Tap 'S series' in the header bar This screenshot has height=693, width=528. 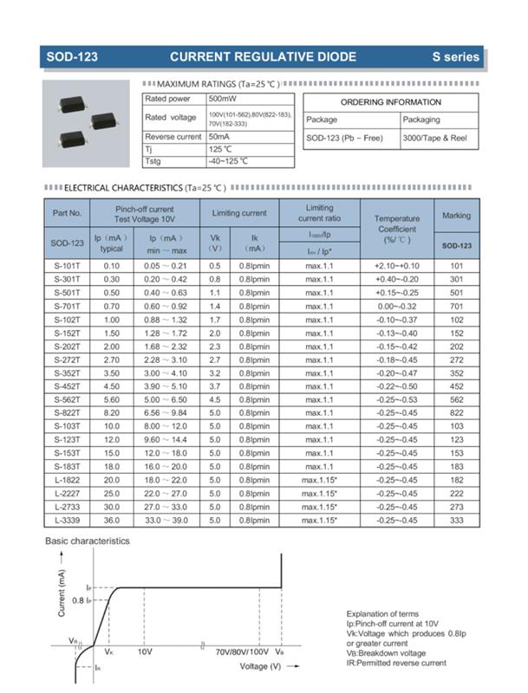coord(456,57)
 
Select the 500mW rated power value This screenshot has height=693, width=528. coord(222,99)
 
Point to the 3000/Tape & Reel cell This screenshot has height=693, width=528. coord(434,139)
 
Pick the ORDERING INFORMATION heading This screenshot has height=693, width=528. coord(390,102)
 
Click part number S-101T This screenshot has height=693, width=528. coord(67,265)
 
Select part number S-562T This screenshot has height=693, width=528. coord(67,400)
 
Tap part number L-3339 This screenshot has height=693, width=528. coord(67,520)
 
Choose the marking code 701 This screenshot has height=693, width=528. coord(456,306)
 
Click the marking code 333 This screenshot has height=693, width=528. coord(456,520)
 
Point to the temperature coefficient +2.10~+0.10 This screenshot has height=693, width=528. coord(396,265)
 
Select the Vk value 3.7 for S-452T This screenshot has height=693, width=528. coord(215,386)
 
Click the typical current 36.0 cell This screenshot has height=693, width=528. coord(112,520)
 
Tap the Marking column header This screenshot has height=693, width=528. coord(456,216)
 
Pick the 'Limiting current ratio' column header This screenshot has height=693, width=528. coord(319,213)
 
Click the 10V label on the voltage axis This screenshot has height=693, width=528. coord(146,651)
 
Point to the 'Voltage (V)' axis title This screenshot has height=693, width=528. coord(260,666)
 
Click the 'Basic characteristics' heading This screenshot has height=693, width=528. coord(87,541)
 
